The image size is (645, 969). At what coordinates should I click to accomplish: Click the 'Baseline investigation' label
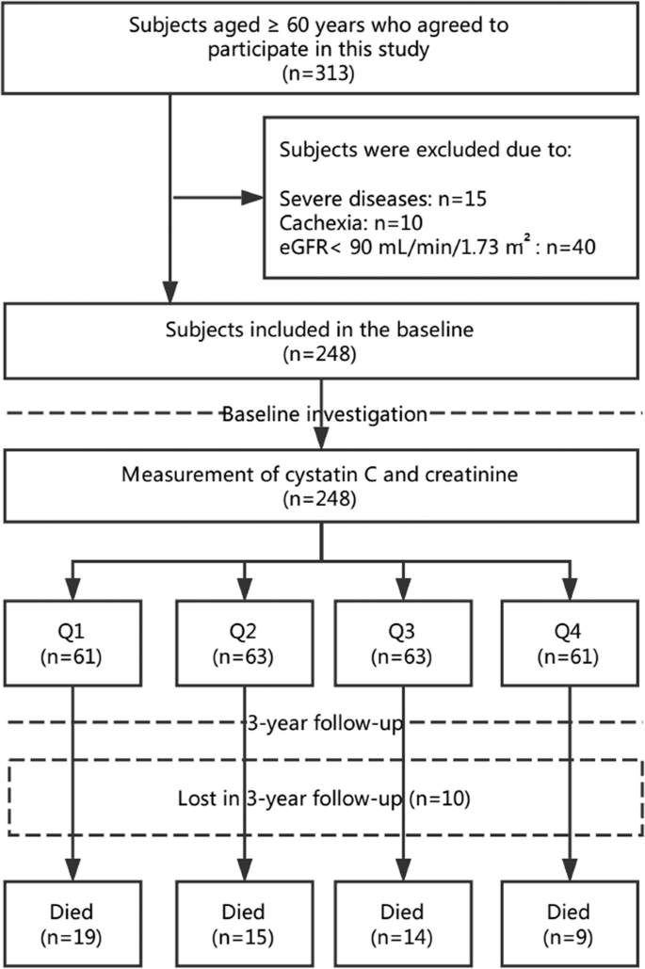pos(323,413)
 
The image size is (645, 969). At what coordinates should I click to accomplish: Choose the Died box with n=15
pos(244,922)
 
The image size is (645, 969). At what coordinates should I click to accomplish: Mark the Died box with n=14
pos(404,922)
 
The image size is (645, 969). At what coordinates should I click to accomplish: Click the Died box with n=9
pos(569,922)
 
